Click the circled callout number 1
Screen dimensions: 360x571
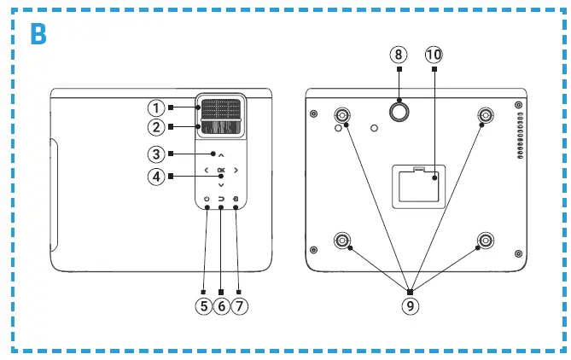155,108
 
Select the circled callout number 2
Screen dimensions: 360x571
155,128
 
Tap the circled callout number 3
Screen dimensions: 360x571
155,154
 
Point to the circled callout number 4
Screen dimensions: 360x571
155,177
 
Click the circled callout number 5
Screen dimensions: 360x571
203,305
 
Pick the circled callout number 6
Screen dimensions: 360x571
222,305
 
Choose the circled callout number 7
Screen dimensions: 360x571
241,305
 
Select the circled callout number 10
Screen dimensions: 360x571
434,54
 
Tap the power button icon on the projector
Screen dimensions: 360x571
207,200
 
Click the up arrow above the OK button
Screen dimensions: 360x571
221,156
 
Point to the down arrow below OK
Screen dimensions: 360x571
221,185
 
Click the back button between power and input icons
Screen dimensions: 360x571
221,200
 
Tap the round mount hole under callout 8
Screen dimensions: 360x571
399,110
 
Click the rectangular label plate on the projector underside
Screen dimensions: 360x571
416,185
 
